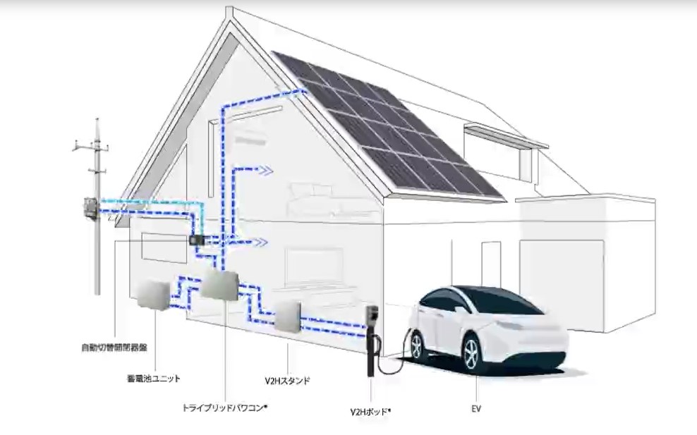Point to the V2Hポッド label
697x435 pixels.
370,411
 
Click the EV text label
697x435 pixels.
476,408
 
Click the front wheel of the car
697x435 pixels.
472,355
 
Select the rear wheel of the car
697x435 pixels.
416,345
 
